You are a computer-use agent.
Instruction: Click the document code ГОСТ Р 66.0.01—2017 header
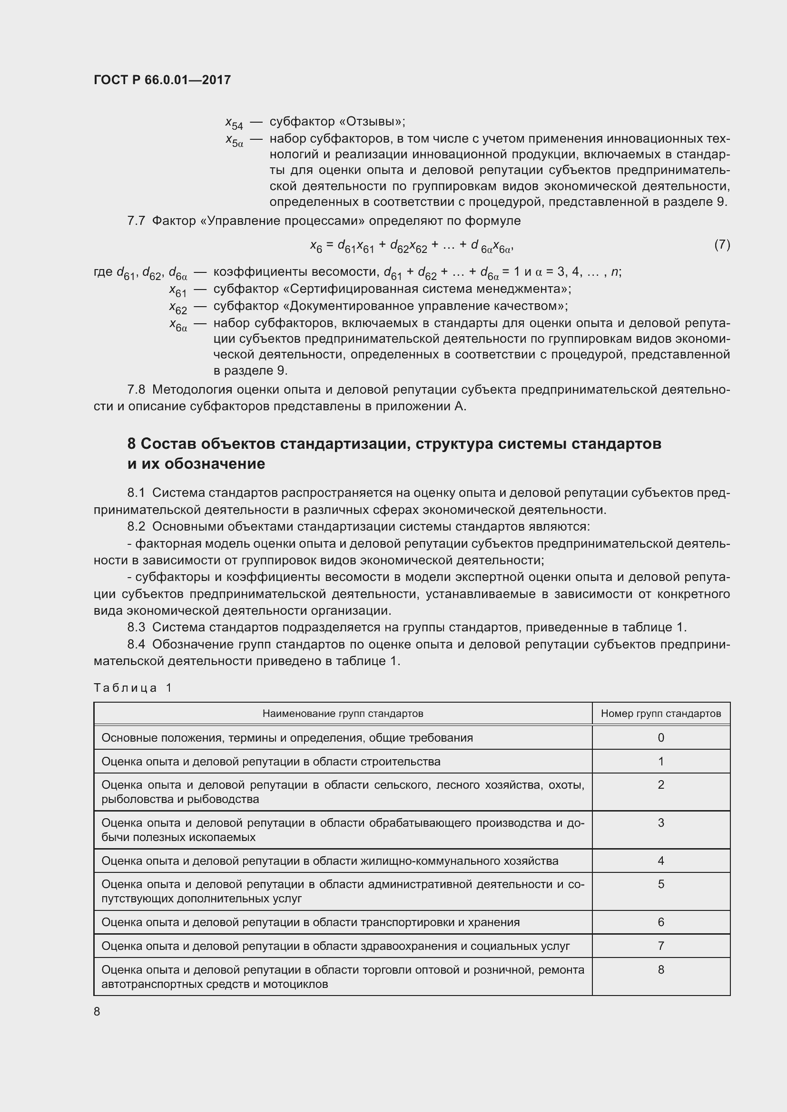point(162,80)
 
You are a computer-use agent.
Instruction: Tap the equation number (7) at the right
point(722,244)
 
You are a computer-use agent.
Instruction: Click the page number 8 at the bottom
point(97,1011)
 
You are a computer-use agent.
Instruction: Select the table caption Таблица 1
point(133,688)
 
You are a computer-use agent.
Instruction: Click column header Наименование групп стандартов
point(343,714)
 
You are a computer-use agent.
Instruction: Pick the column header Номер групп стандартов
point(660,714)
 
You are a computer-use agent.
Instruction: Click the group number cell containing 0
point(660,738)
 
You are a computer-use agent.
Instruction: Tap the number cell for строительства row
point(660,761)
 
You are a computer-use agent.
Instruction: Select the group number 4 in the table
point(660,861)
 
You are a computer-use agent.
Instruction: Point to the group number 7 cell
point(660,946)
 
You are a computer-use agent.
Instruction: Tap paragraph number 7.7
point(136,221)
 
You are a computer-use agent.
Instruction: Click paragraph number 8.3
point(136,627)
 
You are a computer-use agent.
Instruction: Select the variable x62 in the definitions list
point(178,307)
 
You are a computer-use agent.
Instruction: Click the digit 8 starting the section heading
point(131,444)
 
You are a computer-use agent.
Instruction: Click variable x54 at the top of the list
point(234,123)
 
